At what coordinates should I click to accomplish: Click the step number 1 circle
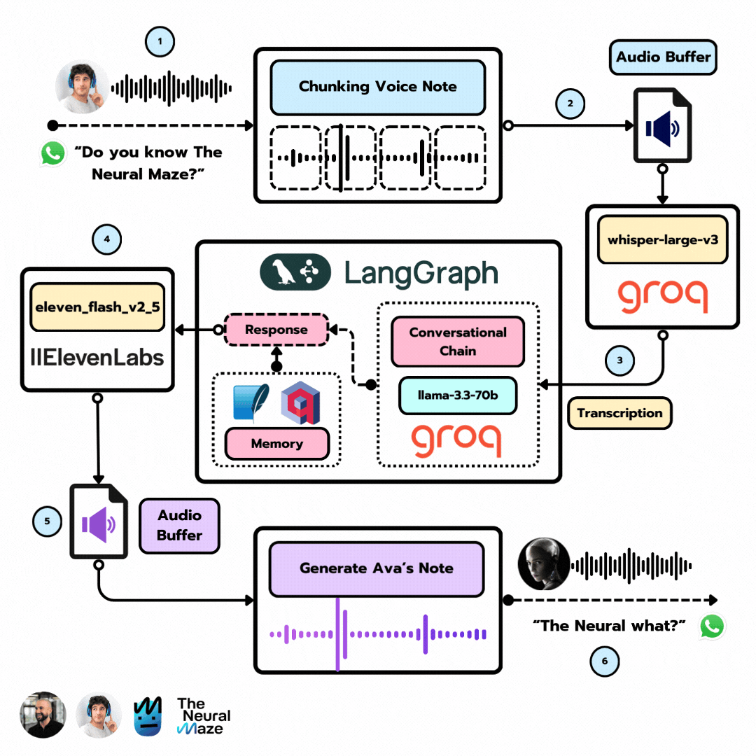160,41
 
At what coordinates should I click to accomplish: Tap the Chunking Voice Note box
377,87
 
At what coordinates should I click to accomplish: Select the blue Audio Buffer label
663,56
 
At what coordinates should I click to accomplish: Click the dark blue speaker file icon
662,127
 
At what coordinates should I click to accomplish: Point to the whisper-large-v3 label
662,239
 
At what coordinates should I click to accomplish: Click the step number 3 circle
619,361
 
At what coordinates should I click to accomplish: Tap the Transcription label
619,413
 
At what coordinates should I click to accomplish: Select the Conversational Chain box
458,341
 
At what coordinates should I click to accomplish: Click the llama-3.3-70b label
458,396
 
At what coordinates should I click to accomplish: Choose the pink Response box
276,330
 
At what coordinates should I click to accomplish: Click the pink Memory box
276,443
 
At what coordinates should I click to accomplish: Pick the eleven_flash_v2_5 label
97,306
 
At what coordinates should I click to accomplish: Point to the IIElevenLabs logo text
97,358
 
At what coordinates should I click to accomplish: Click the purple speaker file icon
99,522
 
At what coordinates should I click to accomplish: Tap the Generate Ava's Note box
377,568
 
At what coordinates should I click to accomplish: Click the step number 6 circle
605,661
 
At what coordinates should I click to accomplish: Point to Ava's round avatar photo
543,564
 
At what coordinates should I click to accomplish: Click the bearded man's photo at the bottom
42,715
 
